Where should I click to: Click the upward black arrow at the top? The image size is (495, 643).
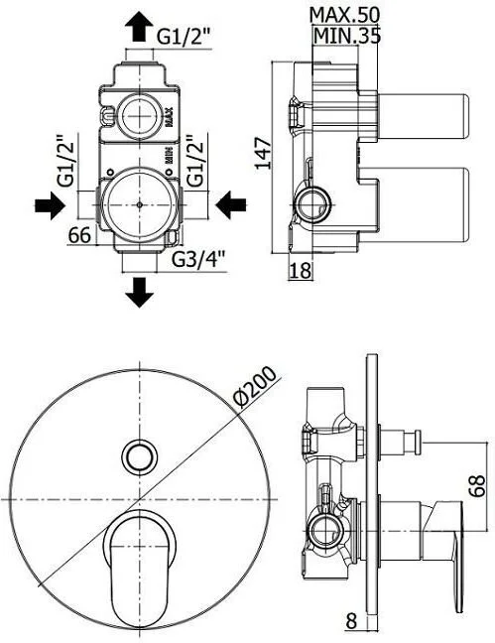coord(140,26)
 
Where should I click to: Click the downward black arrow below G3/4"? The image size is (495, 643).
coord(140,293)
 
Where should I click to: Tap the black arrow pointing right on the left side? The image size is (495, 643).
coord(50,204)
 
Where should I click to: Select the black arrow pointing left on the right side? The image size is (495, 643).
coord(231,204)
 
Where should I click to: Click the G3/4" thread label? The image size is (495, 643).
coord(199,259)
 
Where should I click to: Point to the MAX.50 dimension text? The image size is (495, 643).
coord(344,15)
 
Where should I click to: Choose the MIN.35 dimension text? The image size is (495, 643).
coord(347,36)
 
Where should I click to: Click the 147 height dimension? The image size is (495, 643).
coord(263,154)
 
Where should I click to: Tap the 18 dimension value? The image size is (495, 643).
coord(301,271)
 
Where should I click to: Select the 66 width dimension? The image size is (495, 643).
coord(79,235)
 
